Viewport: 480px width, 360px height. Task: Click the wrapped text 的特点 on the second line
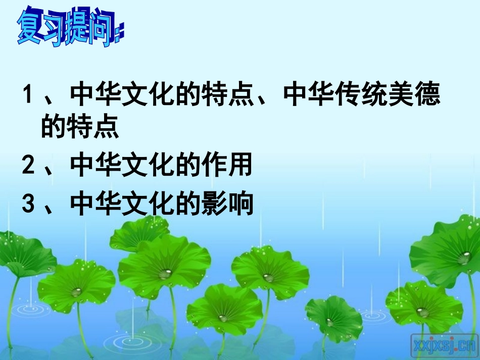click(80, 127)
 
